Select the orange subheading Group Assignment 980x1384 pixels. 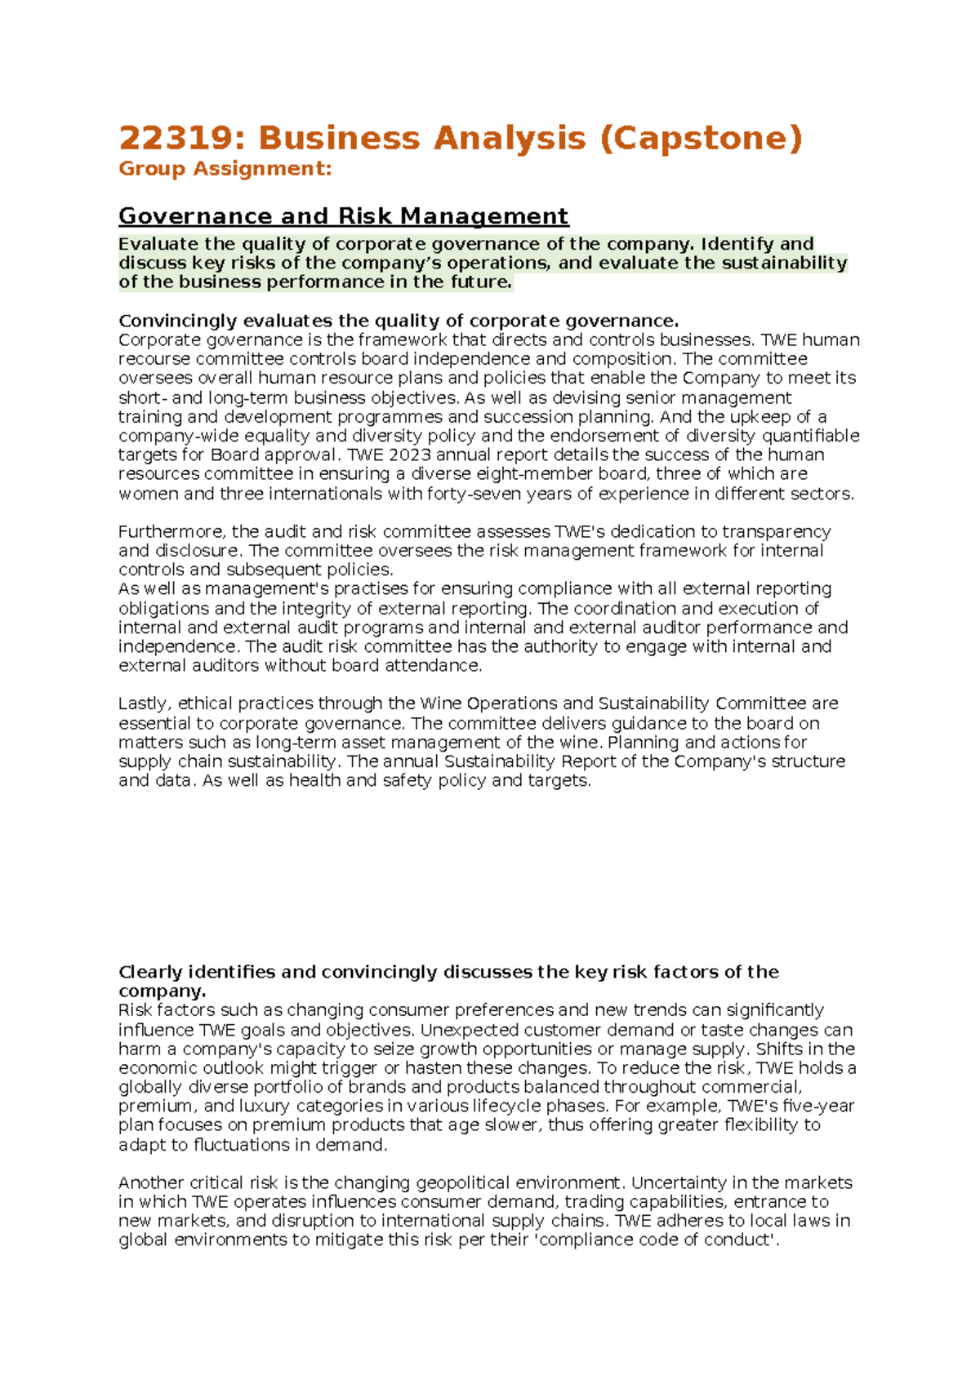point(225,169)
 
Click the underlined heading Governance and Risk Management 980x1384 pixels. point(343,216)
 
